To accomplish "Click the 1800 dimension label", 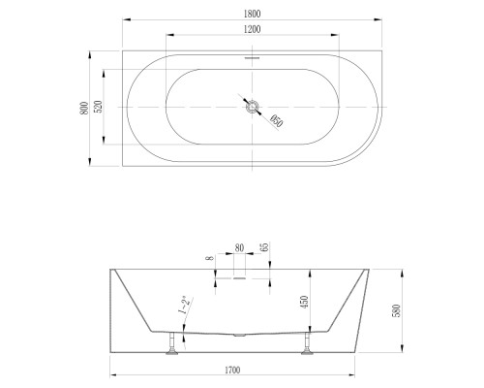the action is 252,14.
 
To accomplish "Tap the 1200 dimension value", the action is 252,29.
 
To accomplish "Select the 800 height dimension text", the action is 84,108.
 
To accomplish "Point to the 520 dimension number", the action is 99,107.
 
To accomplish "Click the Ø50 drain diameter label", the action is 276,120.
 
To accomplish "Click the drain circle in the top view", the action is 252,107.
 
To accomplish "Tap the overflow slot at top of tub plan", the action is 252,58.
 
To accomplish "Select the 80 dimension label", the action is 239,248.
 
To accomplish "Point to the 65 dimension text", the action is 264,247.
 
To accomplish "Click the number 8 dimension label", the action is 210,258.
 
